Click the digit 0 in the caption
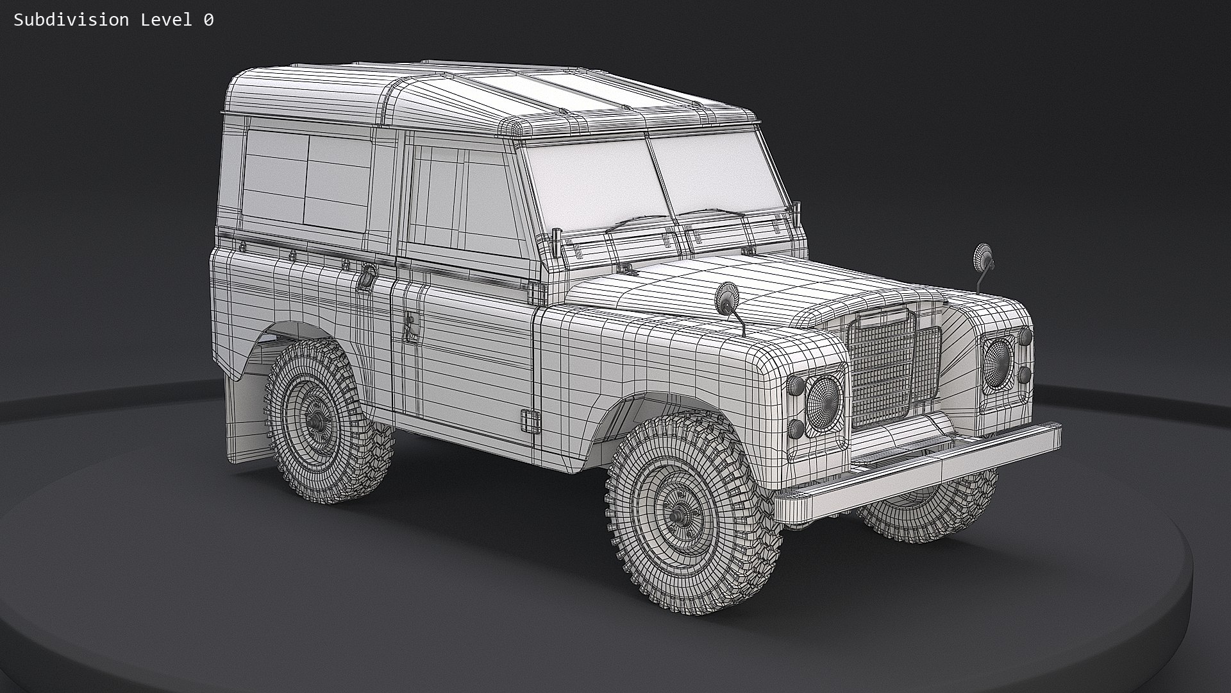click(x=208, y=20)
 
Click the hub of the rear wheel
click(x=315, y=421)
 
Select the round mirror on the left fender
click(x=728, y=297)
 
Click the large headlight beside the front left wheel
click(x=823, y=402)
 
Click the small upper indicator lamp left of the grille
click(x=797, y=385)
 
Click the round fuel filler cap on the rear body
click(x=368, y=277)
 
